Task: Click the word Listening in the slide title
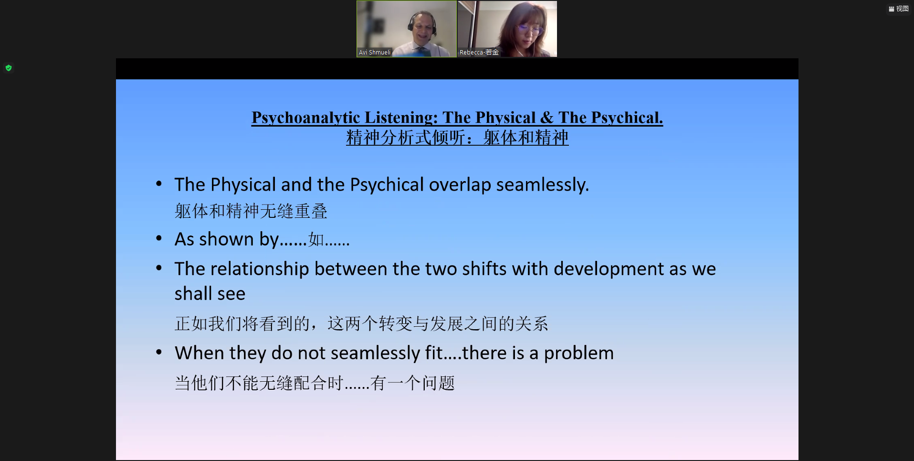[401, 118]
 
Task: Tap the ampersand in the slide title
[547, 118]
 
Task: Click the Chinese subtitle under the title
[457, 138]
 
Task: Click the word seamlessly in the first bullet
[543, 185]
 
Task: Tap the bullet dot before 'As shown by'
[159, 238]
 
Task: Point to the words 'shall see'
[210, 294]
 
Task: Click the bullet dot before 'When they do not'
[159, 352]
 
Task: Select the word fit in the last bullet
[434, 353]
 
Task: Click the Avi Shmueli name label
[375, 53]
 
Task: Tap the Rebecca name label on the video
[479, 53]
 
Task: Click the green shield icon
[9, 68]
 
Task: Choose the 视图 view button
[899, 9]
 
